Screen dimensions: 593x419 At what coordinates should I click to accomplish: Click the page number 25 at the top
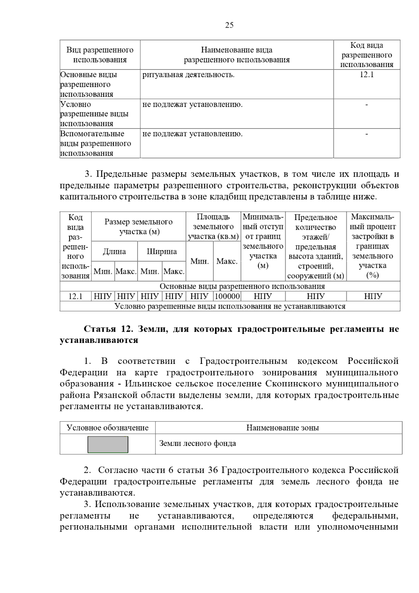click(229, 25)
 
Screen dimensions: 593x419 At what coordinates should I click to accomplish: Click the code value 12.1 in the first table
click(367, 75)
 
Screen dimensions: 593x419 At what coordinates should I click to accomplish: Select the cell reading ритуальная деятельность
click(189, 75)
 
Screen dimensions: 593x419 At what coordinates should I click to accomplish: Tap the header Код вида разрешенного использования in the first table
click(367, 55)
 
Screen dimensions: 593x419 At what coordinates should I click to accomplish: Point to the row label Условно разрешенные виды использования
click(94, 114)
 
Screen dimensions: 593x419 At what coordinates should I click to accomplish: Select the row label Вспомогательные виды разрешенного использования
click(95, 144)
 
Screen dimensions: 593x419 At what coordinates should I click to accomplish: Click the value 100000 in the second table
click(227, 296)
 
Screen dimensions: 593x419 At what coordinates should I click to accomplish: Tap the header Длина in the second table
click(114, 251)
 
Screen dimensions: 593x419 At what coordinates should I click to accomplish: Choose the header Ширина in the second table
click(162, 251)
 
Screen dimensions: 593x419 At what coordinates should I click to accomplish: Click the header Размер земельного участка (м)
click(139, 227)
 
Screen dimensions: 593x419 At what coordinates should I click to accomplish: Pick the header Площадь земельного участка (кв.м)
click(213, 227)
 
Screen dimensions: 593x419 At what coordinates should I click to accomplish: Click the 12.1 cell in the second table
click(75, 296)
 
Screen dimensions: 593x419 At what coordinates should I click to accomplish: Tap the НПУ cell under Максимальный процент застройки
click(373, 296)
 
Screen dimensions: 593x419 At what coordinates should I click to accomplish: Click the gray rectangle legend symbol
click(108, 444)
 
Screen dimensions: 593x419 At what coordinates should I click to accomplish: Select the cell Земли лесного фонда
click(198, 444)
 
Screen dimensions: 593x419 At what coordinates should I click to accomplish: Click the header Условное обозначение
click(108, 428)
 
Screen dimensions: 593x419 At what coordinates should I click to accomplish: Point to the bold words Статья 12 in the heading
click(107, 329)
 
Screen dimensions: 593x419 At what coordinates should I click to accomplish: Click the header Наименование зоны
click(282, 428)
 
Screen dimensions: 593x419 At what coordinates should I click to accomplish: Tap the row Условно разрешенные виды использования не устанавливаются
click(230, 306)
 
